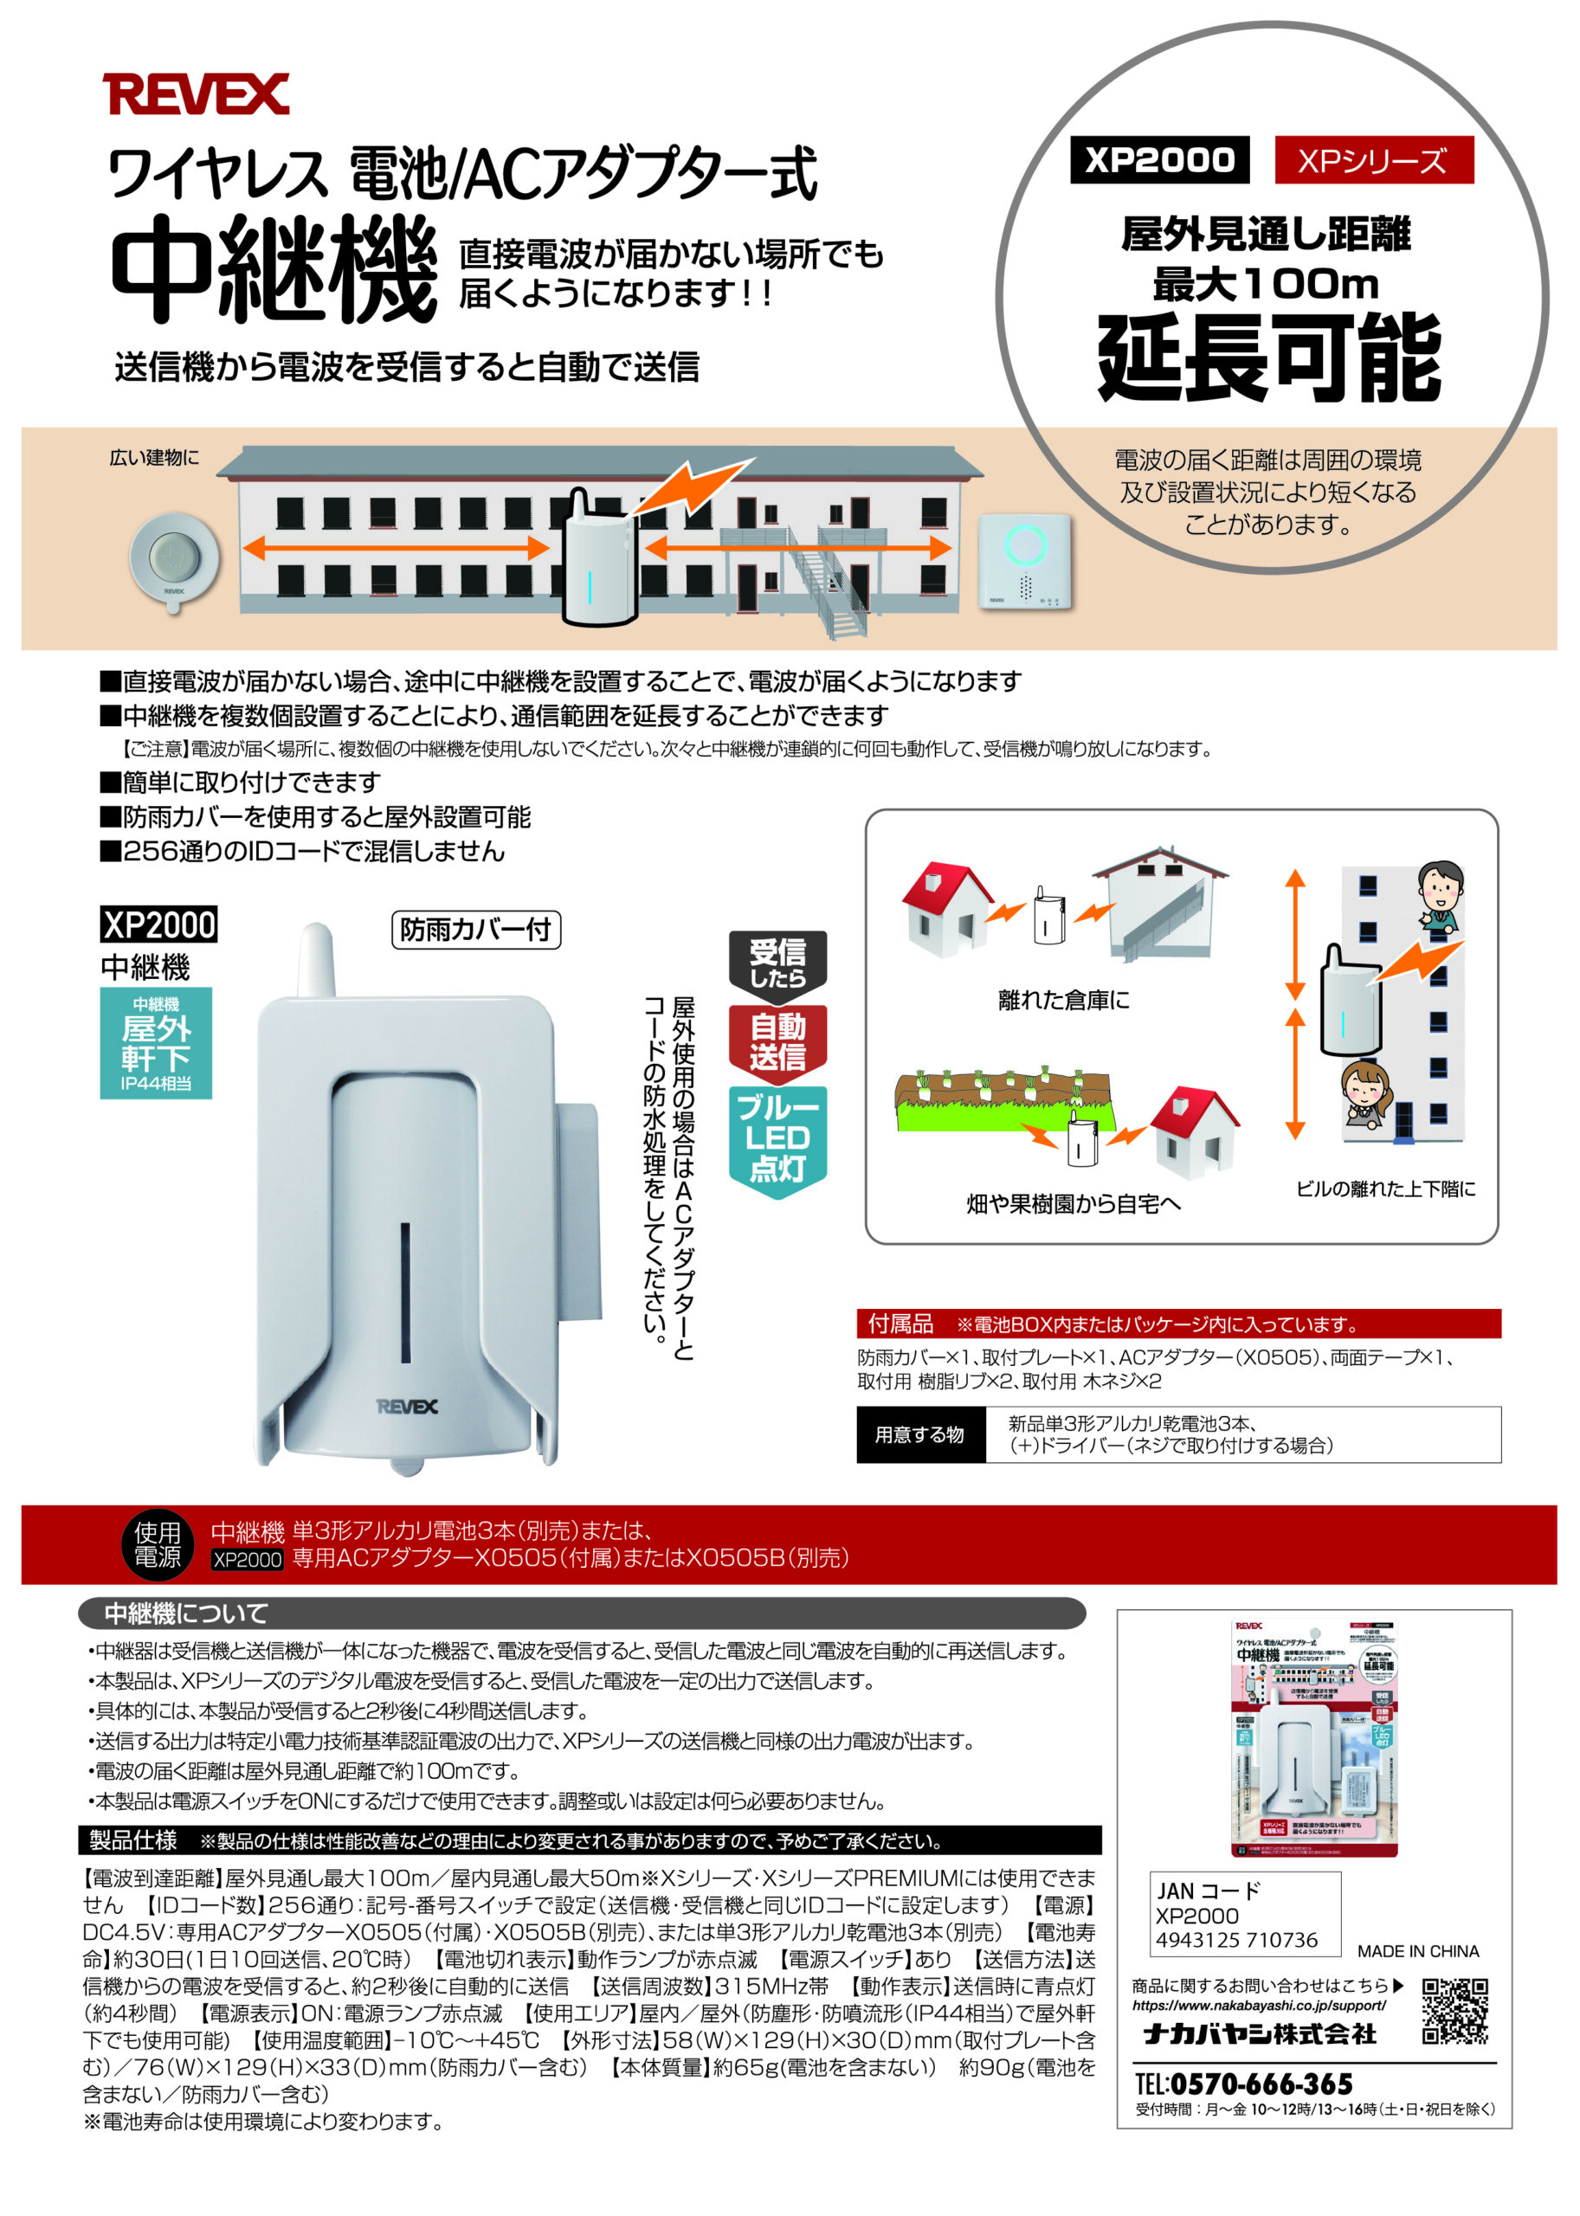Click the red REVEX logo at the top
tap(196, 94)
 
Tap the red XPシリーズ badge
tap(1373, 160)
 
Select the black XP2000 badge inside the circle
tap(1158, 159)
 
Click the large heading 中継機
tap(274, 269)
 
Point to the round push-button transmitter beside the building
tap(175, 560)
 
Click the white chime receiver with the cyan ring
tap(1024, 561)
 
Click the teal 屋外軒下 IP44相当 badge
tap(156, 1043)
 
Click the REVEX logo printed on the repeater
tap(407, 1407)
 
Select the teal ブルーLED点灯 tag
tap(777, 1138)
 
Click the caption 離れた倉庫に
tap(1063, 1000)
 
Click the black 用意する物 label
tap(919, 1435)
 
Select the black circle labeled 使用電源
tap(158, 1545)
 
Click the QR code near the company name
tap(1454, 2010)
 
